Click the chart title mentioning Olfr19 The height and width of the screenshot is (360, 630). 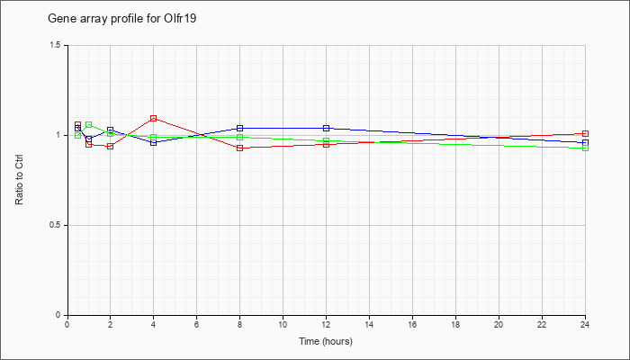(122, 19)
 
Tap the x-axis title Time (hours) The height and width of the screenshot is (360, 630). (326, 341)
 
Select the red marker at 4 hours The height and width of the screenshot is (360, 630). (154, 119)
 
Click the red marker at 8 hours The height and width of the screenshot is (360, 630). (240, 148)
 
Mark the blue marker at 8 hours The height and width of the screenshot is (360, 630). (240, 128)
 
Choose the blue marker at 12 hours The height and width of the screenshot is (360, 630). (326, 128)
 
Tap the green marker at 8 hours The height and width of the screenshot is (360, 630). (240, 138)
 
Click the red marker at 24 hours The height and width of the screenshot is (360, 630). (585, 134)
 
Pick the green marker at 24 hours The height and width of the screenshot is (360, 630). (585, 148)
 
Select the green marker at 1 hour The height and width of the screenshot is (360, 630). (89, 125)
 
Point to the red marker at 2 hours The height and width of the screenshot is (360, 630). (110, 146)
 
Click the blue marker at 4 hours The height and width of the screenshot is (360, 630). (154, 142)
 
